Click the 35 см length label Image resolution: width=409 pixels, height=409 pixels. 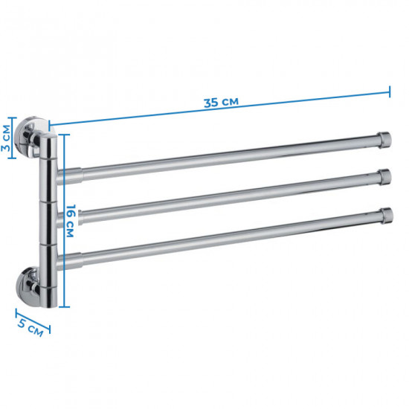click(221, 102)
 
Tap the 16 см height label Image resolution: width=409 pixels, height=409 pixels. click(70, 221)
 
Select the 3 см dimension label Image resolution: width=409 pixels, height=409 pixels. click(6, 138)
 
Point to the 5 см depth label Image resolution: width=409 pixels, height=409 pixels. click(30, 328)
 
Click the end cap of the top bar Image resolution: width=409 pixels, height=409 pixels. click(384, 140)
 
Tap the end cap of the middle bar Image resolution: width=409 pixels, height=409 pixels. click(385, 177)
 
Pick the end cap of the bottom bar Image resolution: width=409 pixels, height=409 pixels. click(386, 216)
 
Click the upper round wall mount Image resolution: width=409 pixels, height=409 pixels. click(30, 137)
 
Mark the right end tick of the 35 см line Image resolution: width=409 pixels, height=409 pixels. click(390, 91)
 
